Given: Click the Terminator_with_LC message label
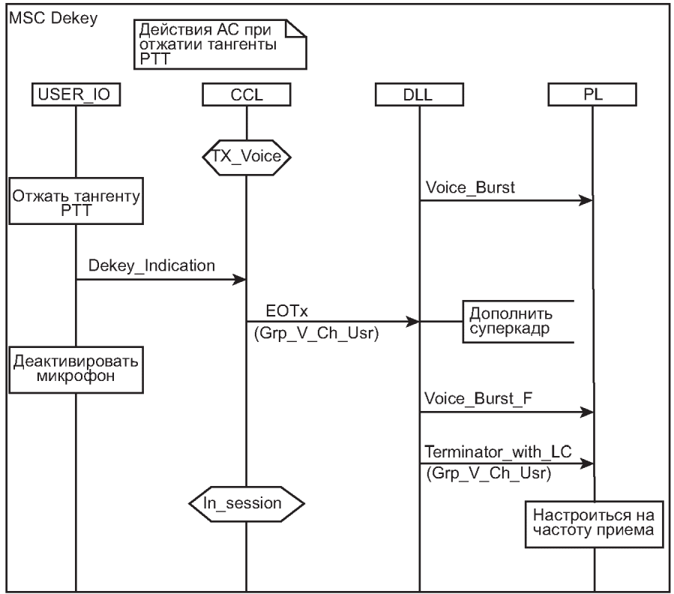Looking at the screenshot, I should click(x=498, y=451).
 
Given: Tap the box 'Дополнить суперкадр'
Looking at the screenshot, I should click(x=517, y=322).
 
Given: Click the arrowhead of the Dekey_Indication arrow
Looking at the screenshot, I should click(x=240, y=280).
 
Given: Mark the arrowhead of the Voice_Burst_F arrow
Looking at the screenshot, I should click(x=587, y=412).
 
